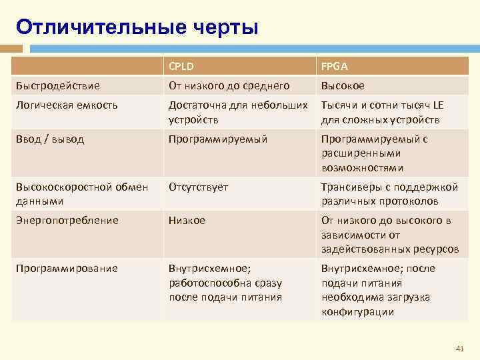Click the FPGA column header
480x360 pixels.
[334, 66]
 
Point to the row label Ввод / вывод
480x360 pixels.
[50, 139]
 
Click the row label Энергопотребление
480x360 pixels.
[67, 220]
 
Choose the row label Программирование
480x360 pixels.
[67, 268]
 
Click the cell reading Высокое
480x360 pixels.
[343, 85]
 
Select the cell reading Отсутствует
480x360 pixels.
[198, 187]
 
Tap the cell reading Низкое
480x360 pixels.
[187, 220]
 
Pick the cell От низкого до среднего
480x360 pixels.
[229, 85]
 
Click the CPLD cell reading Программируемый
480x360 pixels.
[218, 139]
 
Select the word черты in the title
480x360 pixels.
[225, 27]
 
